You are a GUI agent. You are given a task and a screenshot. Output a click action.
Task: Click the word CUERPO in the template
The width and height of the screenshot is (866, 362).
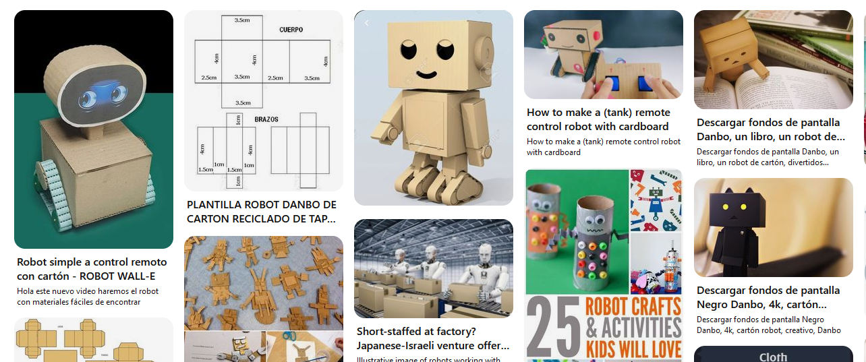[291, 30]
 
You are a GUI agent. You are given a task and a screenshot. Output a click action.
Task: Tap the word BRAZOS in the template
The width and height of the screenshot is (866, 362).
[266, 119]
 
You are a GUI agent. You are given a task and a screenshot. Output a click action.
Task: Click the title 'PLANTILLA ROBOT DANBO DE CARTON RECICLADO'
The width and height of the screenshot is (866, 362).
[262, 212]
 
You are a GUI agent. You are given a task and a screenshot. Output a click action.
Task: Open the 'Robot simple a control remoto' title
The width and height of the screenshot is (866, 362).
[92, 269]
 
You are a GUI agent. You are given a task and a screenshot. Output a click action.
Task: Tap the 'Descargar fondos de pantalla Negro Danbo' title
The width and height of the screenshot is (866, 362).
[768, 297]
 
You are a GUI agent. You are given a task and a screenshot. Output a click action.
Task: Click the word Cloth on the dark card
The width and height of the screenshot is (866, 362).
[773, 357]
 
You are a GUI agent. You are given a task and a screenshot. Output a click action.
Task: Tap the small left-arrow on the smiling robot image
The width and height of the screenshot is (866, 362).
[367, 23]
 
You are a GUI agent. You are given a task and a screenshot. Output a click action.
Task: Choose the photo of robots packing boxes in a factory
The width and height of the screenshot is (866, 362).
[433, 268]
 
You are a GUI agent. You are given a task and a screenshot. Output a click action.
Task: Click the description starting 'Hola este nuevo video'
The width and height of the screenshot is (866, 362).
[88, 297]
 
